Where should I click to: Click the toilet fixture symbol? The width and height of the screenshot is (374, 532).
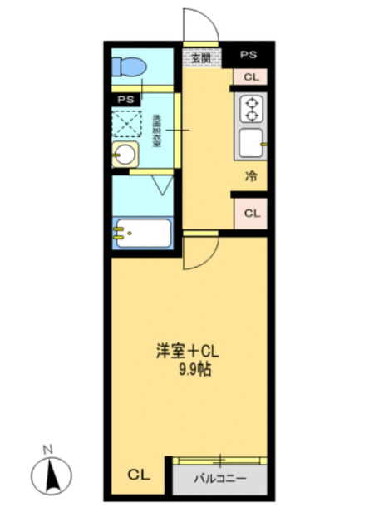(x=130, y=66)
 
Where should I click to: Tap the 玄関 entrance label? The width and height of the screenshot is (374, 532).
(x=200, y=58)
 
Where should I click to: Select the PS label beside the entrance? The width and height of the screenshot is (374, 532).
(x=249, y=55)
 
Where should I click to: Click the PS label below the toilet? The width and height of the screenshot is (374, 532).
(x=126, y=100)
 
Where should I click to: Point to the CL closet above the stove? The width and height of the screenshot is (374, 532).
(x=250, y=77)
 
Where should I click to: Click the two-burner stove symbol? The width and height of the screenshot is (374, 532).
(x=250, y=109)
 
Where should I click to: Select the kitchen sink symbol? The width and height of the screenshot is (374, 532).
(x=250, y=144)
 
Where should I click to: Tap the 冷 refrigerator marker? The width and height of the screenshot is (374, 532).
(x=250, y=176)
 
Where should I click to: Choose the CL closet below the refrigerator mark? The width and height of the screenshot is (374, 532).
(x=250, y=213)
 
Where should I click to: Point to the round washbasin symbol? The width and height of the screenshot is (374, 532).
(x=125, y=155)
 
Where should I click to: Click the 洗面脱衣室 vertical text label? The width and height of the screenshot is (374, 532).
(x=155, y=131)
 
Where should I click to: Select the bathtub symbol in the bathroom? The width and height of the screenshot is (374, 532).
(x=142, y=234)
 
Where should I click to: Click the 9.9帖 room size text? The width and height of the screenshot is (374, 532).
(x=194, y=370)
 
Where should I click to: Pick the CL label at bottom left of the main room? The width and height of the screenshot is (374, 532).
(x=138, y=475)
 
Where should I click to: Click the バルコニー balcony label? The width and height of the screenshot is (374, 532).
(x=220, y=480)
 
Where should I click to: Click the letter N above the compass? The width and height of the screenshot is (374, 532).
(x=48, y=450)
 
